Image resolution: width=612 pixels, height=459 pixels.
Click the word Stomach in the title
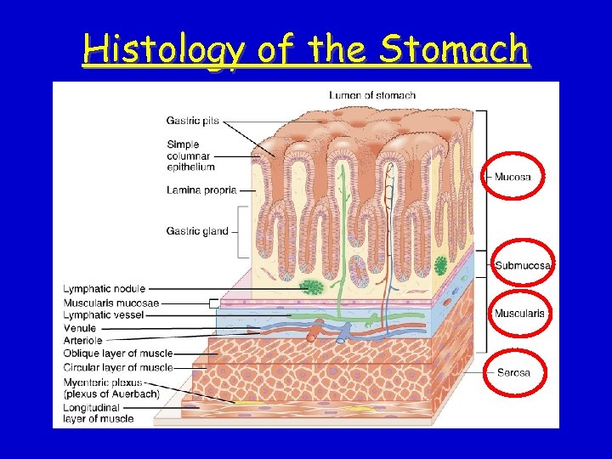pyautogui.click(x=454, y=50)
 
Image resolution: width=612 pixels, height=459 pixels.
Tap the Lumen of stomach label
pyautogui.click(x=372, y=95)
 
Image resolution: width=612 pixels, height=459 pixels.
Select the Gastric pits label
pyautogui.click(x=193, y=121)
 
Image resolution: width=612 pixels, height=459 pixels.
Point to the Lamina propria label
pyautogui.click(x=201, y=190)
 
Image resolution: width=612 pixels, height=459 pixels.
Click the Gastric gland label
pyautogui.click(x=197, y=230)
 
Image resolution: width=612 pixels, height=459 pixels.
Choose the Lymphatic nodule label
pyautogui.click(x=104, y=289)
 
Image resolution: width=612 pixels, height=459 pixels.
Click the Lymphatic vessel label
pyautogui.click(x=104, y=315)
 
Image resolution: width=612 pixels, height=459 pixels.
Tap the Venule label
pyautogui.click(x=80, y=328)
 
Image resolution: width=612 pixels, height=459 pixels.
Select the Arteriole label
pyautogui.click(x=82, y=341)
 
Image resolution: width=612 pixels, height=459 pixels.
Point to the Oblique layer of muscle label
pyautogui.click(x=118, y=354)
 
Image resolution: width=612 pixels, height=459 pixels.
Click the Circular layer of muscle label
pyautogui.click(x=118, y=368)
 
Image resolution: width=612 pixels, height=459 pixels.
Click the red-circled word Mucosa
pyautogui.click(x=513, y=177)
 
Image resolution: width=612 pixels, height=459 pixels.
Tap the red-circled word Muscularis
pyautogui.click(x=519, y=314)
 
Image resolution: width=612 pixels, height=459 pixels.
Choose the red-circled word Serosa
pyautogui.click(x=513, y=372)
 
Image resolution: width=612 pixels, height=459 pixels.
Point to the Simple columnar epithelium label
pyautogui.click(x=190, y=156)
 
